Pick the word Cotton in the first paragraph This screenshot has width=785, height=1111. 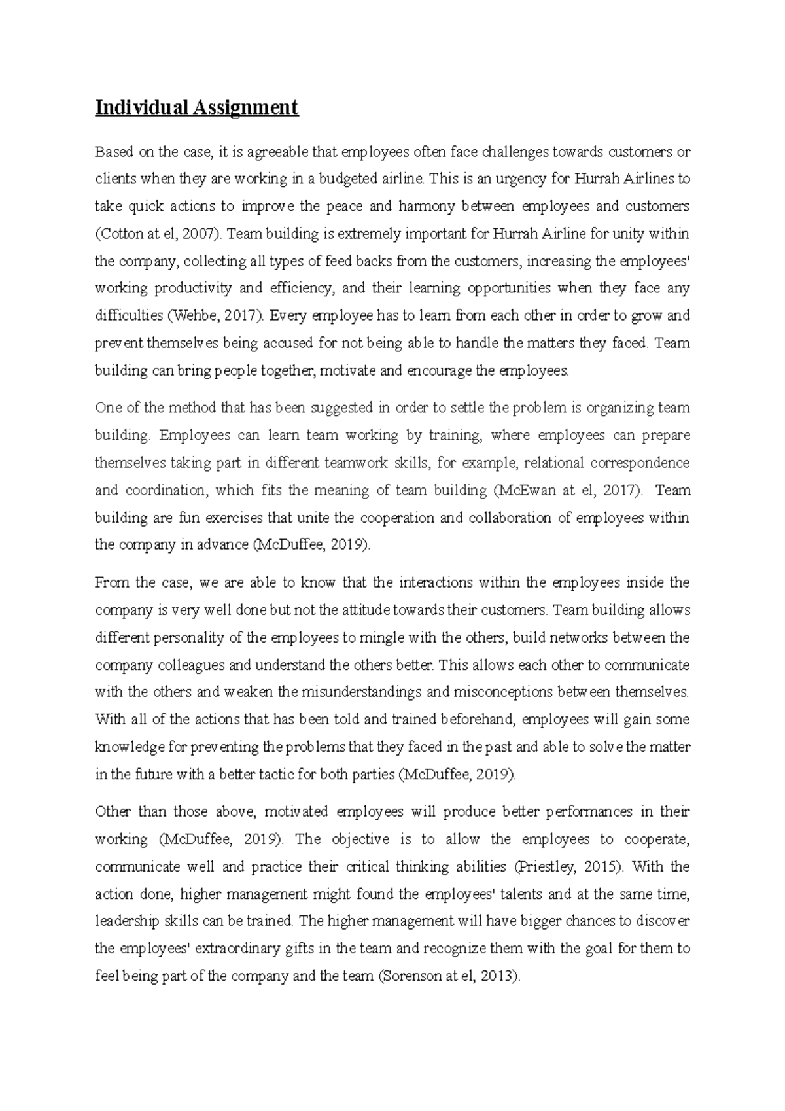(x=118, y=234)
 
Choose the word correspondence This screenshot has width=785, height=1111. (x=640, y=463)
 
